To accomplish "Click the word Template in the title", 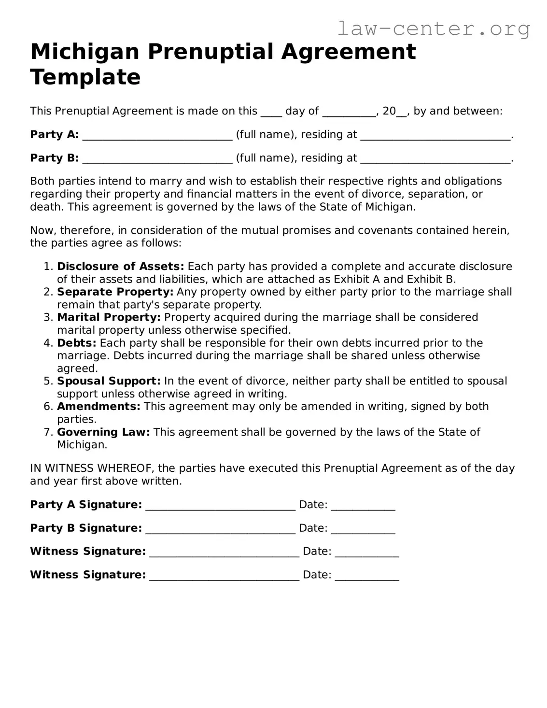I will pos(85,77).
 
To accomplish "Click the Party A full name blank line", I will pos(157,136).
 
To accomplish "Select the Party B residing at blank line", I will pos(435,159).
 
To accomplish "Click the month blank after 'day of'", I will pos(349,112).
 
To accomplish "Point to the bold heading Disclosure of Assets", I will pos(120,267).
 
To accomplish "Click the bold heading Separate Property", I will pos(115,292).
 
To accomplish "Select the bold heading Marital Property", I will pos(109,317).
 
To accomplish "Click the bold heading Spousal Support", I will pos(109,381).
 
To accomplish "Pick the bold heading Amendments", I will pos(98,407).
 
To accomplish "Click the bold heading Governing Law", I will pos(103,432).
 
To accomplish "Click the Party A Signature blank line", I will pos(220,506).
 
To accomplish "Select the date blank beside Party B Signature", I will pos(363,529).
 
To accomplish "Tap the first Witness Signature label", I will pos(88,552).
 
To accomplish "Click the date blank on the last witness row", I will pos(367,576).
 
